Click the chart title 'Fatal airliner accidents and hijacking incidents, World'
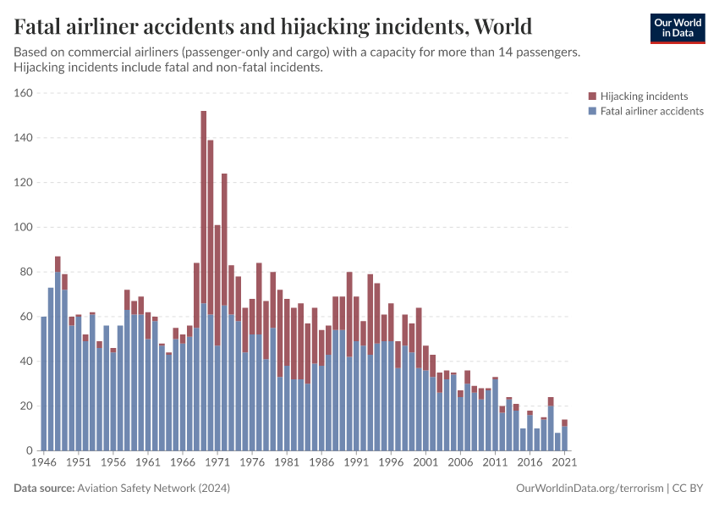coord(273,26)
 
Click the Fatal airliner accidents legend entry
coord(651,111)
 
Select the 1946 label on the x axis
coord(43,463)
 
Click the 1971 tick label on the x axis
coord(217,463)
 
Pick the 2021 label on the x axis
coord(565,463)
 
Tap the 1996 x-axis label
coord(391,463)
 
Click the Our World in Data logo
coord(677,28)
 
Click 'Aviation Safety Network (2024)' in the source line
coord(153,489)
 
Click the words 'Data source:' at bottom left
coord(44,489)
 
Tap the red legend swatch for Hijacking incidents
coord(592,97)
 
